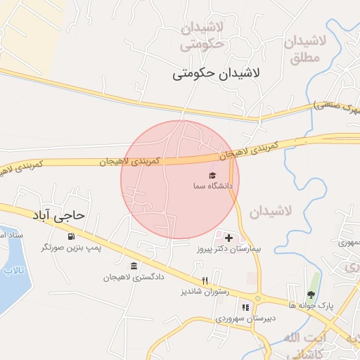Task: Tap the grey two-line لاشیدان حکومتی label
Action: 202,37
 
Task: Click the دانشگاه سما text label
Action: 212,186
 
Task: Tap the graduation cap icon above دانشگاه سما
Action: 212,174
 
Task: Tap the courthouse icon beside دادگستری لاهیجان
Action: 134,265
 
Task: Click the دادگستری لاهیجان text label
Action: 134,277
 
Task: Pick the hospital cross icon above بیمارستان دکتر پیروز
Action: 229,238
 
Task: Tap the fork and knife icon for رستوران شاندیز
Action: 205,280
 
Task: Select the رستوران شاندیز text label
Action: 205,291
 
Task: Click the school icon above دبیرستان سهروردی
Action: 245,307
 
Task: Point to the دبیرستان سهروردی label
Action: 245,319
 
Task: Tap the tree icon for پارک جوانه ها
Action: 311,294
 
